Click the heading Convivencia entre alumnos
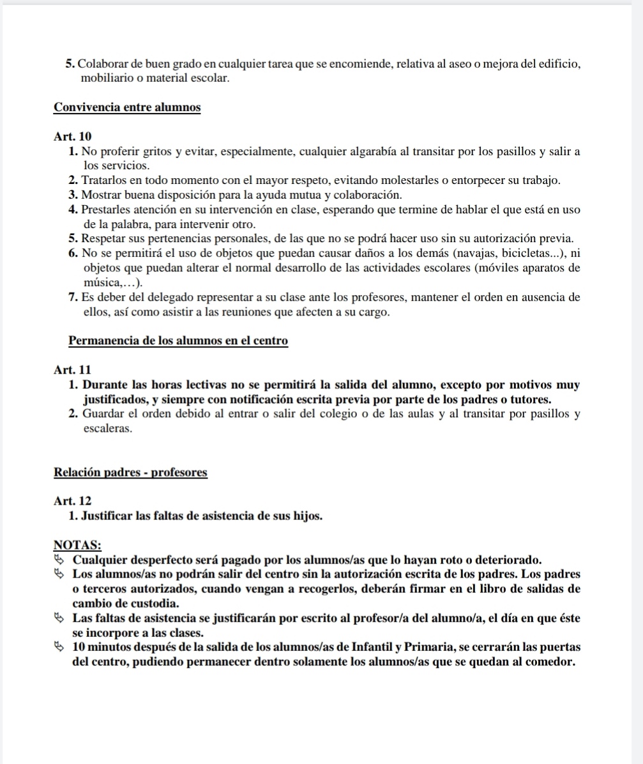point(127,107)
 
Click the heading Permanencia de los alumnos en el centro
point(178,340)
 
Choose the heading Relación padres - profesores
point(131,473)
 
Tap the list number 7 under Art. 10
point(70,298)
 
